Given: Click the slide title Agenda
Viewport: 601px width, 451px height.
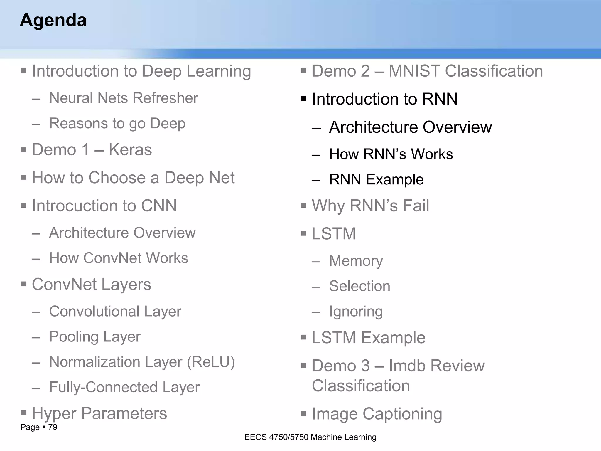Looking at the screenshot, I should (x=53, y=20).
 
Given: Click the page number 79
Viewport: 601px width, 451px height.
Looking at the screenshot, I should (x=53, y=427).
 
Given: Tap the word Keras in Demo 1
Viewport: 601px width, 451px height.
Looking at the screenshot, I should (x=130, y=149).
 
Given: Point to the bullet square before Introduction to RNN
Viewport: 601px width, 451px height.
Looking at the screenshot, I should (x=304, y=99).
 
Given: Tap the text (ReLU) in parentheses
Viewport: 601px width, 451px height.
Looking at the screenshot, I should (x=211, y=362).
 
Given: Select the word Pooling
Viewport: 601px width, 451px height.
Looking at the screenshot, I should (x=74, y=337).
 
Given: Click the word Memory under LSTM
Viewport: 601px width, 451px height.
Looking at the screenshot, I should (x=356, y=261).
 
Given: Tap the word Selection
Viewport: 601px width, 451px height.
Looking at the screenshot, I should (x=360, y=286).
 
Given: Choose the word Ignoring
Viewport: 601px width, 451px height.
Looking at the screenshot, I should (x=356, y=312).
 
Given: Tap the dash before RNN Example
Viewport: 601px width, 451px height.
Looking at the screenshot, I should (x=316, y=180).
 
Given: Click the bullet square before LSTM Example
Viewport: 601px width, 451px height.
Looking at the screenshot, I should (x=304, y=338).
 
